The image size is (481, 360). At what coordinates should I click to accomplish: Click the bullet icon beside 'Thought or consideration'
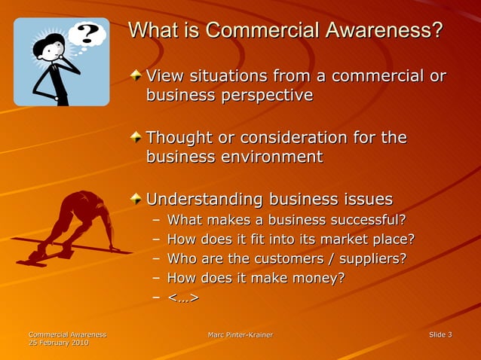click(x=135, y=137)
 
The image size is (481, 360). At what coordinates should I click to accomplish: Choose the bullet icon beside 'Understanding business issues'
click(x=135, y=199)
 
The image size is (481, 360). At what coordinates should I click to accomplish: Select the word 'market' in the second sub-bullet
click(x=336, y=239)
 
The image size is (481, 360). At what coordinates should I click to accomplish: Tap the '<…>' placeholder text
click(x=182, y=297)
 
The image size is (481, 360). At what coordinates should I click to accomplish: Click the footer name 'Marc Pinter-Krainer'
click(x=240, y=334)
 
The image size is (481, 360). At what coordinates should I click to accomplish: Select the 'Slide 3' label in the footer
click(x=440, y=334)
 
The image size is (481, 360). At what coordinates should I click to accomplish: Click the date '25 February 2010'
click(x=58, y=343)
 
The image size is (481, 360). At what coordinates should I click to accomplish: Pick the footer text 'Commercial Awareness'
click(x=67, y=334)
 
